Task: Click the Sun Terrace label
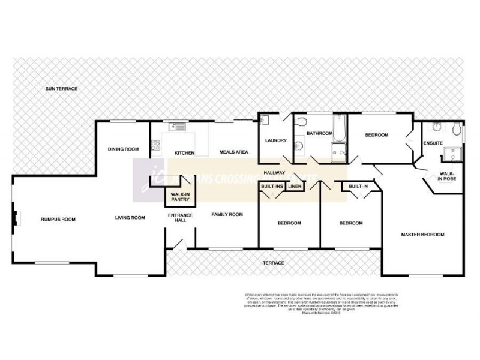(x=62, y=89)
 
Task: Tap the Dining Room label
(x=123, y=149)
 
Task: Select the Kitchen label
(x=184, y=153)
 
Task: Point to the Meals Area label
(x=233, y=152)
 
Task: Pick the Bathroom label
(x=319, y=133)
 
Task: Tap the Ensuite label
(x=433, y=143)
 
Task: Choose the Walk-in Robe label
(x=446, y=176)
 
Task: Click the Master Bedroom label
(x=423, y=234)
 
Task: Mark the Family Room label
(x=226, y=214)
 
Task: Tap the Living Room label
(x=130, y=217)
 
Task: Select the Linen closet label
(x=294, y=187)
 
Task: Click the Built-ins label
(x=271, y=187)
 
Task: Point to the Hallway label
(x=274, y=173)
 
